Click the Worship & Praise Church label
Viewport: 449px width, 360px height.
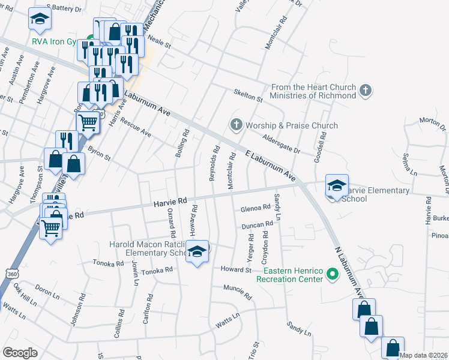tap(292, 125)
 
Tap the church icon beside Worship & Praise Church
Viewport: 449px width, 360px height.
tap(236, 125)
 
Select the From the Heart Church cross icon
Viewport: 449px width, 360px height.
tap(365, 91)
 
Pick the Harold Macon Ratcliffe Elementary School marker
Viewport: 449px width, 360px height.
tap(197, 251)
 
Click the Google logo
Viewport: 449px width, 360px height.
tap(20, 352)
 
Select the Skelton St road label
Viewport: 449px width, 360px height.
tap(248, 97)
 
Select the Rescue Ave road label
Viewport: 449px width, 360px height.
tap(135, 127)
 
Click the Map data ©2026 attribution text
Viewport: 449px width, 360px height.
tap(423, 355)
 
